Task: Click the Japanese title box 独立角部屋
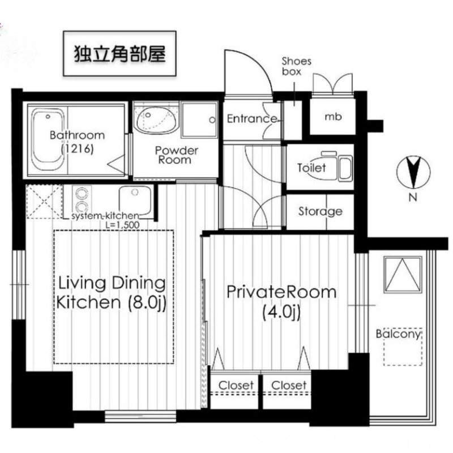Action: (x=119, y=53)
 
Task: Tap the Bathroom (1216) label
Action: (x=77, y=142)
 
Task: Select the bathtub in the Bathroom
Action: (x=48, y=140)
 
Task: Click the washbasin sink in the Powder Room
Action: (x=156, y=119)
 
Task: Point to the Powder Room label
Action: (x=176, y=155)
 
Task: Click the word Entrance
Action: (x=251, y=118)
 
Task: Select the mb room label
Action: (x=333, y=117)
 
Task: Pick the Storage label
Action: (x=320, y=211)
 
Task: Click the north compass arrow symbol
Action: (x=413, y=172)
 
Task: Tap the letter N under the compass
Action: (x=413, y=198)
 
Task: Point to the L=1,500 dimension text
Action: (x=122, y=225)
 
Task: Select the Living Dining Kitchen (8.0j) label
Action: (x=112, y=293)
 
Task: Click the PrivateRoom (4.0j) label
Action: (x=281, y=302)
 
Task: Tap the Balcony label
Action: (x=398, y=334)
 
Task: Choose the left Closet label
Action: (x=236, y=385)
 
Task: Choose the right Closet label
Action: (x=289, y=385)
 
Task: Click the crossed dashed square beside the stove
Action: (x=44, y=202)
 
